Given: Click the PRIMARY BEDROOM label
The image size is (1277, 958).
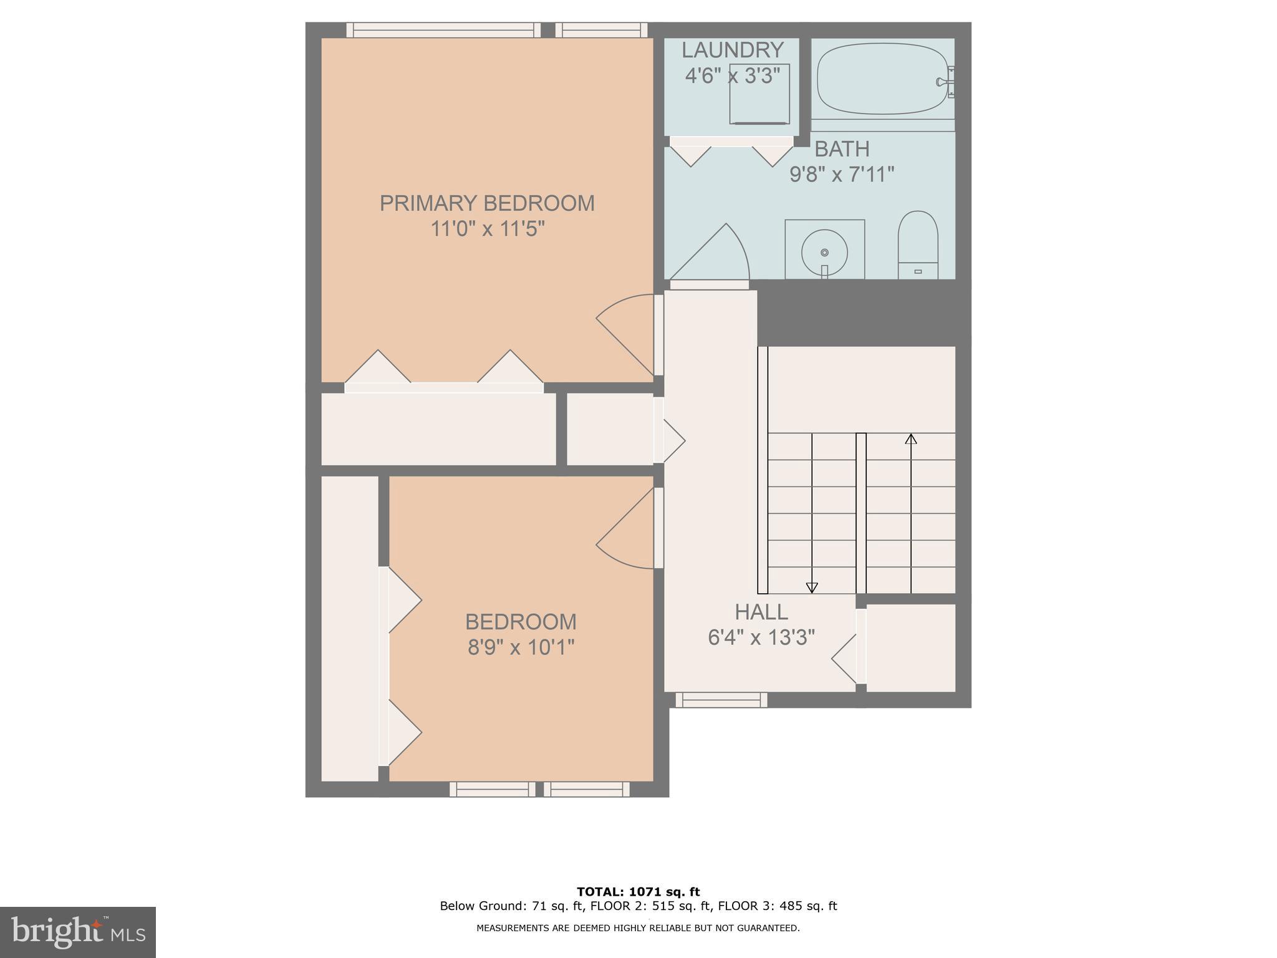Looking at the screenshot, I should pyautogui.click(x=487, y=203).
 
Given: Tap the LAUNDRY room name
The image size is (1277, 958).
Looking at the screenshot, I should pyautogui.click(x=732, y=50).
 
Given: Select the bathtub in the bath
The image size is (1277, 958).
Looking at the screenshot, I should pyautogui.click(x=882, y=79).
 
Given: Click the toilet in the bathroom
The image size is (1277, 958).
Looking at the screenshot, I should pyautogui.click(x=917, y=244).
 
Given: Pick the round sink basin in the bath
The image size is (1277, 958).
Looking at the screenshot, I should pyautogui.click(x=824, y=253).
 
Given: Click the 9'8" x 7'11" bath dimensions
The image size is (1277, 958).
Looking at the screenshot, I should pyautogui.click(x=842, y=175).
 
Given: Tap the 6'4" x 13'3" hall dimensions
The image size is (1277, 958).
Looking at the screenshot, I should pyautogui.click(x=761, y=637).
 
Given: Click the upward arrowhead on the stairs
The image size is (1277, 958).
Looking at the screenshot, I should pyautogui.click(x=911, y=438).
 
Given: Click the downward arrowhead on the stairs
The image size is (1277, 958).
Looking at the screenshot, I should pyautogui.click(x=811, y=588).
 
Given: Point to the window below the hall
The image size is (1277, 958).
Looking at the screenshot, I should pyautogui.click(x=721, y=700).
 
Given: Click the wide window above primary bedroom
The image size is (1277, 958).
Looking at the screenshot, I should pyautogui.click(x=443, y=30).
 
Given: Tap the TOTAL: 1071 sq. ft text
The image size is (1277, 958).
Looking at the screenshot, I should pyautogui.click(x=638, y=892).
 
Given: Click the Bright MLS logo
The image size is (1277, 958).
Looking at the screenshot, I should pyautogui.click(x=77, y=932).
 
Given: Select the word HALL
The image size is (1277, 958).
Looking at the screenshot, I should pyautogui.click(x=761, y=612).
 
